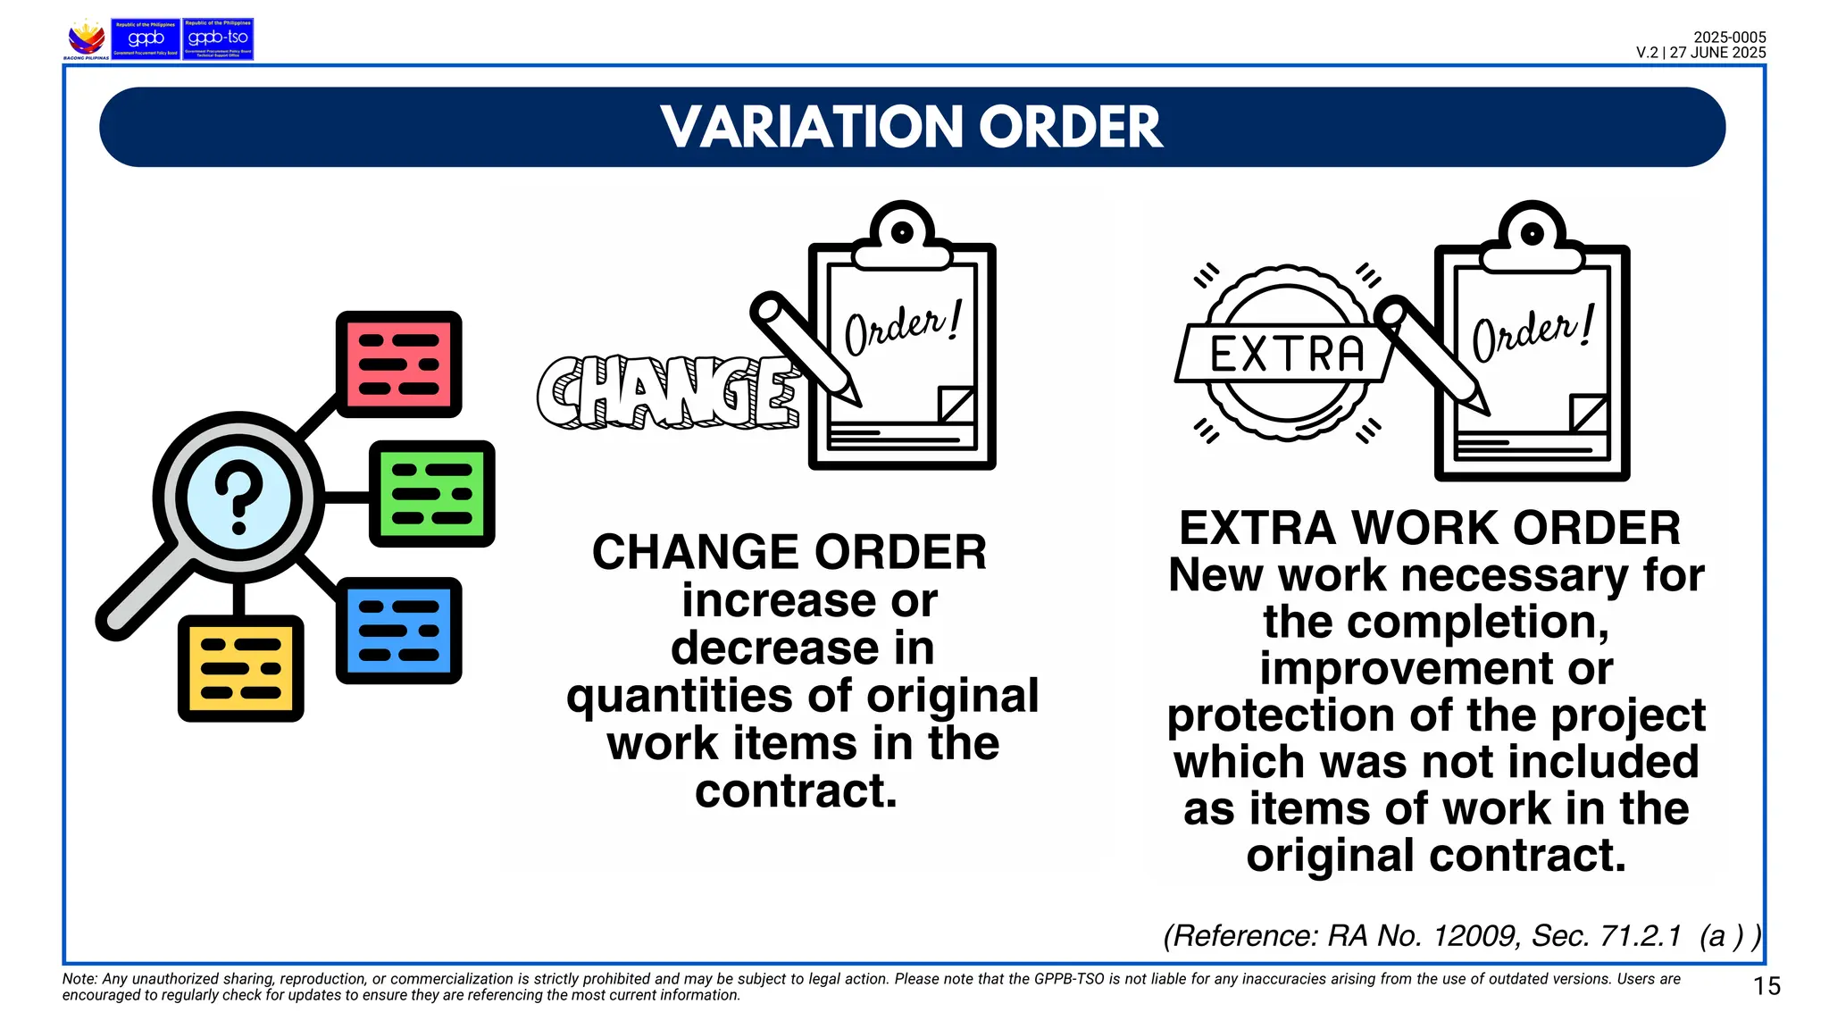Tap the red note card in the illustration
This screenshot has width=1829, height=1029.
point(399,364)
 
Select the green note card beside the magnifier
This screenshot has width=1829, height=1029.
point(432,494)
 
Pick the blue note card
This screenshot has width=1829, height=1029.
point(399,631)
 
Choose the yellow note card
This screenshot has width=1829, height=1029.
point(241,668)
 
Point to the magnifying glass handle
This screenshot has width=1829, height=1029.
point(143,595)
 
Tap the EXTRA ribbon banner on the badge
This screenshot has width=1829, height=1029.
point(1286,354)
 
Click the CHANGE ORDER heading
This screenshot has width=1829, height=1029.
point(789,552)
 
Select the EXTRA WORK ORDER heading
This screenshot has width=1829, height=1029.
point(1430,528)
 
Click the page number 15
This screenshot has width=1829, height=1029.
point(1766,986)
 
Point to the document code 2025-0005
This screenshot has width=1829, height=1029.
point(1729,38)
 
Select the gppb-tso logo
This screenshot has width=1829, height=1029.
point(218,39)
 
